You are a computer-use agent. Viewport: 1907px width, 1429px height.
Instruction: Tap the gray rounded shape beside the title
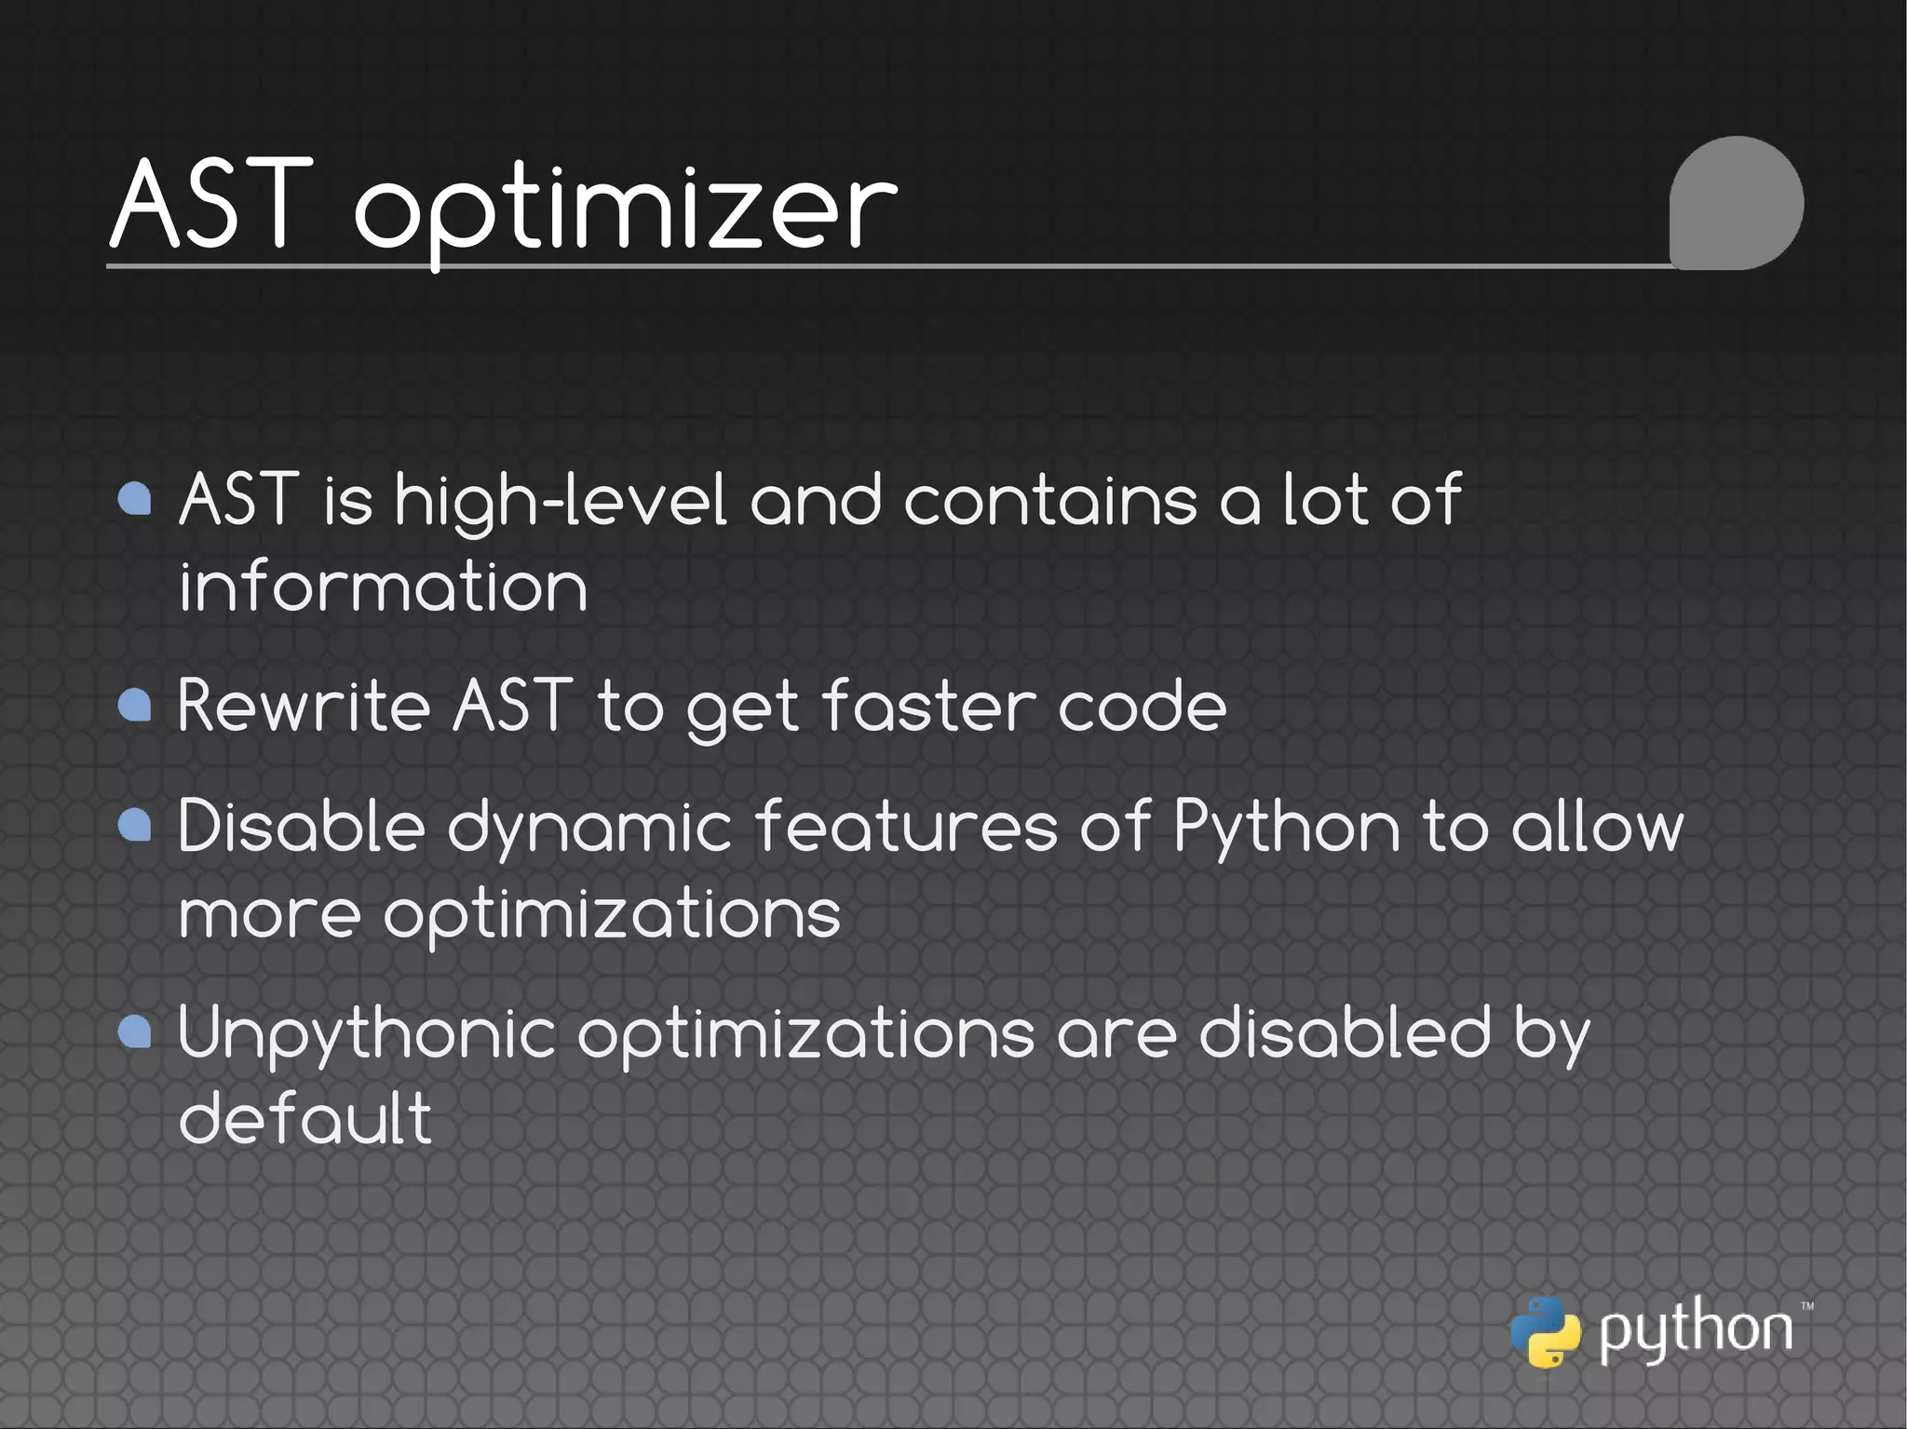coord(1736,203)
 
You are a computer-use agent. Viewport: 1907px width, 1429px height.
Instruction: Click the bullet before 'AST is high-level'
coord(136,499)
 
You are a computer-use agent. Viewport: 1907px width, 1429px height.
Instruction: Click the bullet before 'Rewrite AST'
coord(136,705)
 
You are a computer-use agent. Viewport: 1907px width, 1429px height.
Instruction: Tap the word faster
coord(928,705)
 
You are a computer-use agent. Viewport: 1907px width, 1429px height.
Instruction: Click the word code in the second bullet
coord(1142,705)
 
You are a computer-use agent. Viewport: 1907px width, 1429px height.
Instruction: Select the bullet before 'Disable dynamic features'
coord(136,825)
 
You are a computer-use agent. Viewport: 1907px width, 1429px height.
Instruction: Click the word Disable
coord(301,826)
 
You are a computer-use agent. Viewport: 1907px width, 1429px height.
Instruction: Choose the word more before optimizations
coord(269,913)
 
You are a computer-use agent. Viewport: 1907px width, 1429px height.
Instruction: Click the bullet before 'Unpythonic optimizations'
coord(136,1031)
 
